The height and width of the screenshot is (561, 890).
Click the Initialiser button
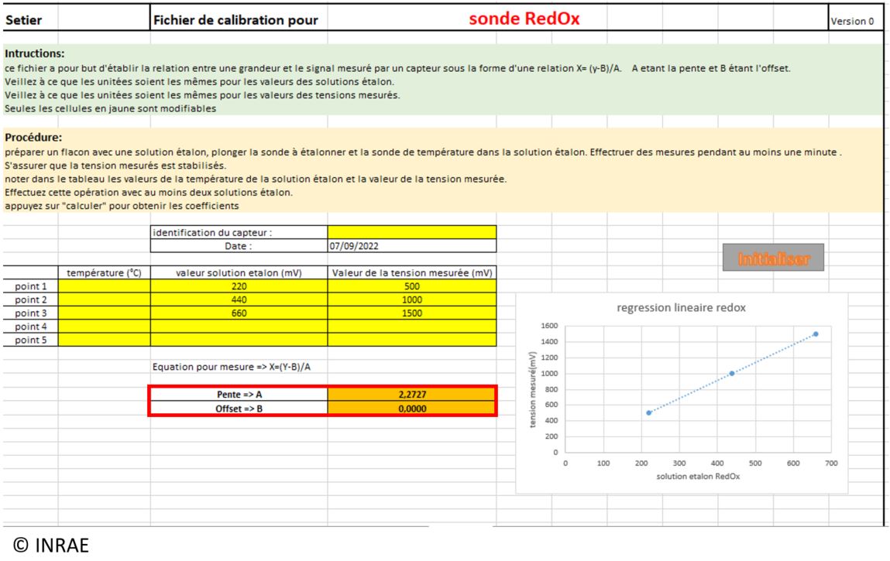pos(772,258)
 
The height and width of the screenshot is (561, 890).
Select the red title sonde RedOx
pos(524,19)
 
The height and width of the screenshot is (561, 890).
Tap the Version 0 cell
pos(852,21)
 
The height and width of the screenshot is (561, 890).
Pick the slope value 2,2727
pos(411,394)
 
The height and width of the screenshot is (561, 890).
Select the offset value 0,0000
pos(411,408)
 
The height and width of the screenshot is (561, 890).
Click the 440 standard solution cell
pos(239,299)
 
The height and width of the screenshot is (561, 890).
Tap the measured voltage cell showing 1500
pos(411,313)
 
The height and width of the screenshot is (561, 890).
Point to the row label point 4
pos(31,327)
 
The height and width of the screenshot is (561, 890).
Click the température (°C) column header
pos(104,272)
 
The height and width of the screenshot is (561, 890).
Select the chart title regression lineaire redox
pos(681,308)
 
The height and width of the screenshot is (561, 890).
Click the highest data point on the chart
pos(816,334)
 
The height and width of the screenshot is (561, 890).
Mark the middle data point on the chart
pos(732,373)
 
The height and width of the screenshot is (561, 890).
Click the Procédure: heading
pos(33,137)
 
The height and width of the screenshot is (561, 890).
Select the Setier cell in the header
pos(23,20)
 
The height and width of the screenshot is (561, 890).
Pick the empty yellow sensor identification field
pos(411,232)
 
